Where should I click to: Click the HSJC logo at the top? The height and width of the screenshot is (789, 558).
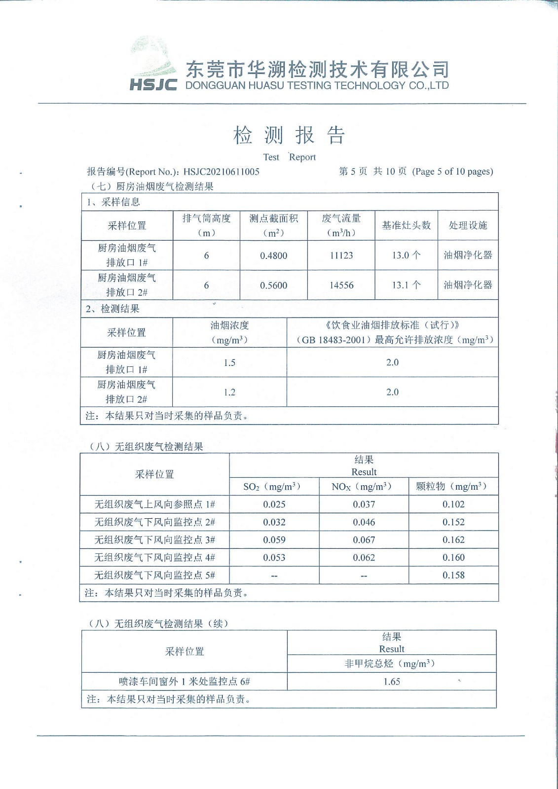153,70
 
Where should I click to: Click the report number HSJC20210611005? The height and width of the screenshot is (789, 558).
221,172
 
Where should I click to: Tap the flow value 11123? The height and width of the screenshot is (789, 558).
341,255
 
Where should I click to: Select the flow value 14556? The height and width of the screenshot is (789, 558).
341,285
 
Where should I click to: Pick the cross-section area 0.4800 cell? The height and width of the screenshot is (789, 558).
273,255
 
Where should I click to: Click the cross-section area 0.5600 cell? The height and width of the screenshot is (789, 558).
273,285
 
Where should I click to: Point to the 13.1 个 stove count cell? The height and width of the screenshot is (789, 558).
406,285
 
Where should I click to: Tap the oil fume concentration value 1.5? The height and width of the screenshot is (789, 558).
229,362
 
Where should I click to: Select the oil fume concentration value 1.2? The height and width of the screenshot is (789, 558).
229,392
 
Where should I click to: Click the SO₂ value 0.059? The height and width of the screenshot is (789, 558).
274,539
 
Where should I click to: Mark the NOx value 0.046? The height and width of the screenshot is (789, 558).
364,522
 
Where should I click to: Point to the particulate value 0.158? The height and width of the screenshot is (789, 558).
453,575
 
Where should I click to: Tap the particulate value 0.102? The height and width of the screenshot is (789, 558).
453,504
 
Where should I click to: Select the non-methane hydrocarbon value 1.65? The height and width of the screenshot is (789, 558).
392,681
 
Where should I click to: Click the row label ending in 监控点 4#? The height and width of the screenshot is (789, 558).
154,557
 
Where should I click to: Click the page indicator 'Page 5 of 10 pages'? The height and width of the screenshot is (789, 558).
452,172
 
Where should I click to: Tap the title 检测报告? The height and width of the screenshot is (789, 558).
289,135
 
